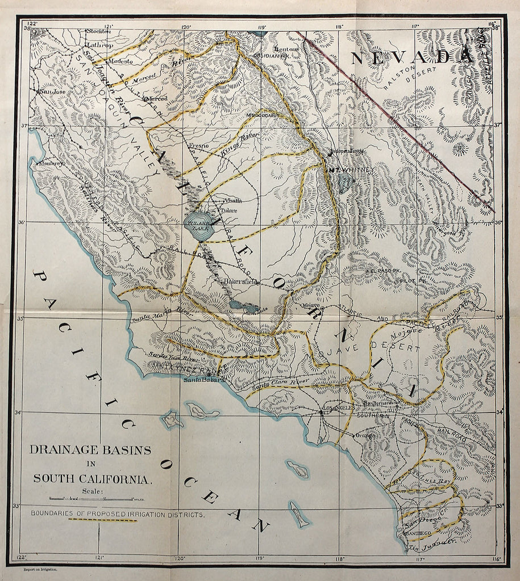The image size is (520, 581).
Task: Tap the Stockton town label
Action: [98, 31]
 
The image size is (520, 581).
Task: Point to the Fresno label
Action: [198, 146]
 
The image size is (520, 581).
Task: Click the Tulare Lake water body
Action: [198, 228]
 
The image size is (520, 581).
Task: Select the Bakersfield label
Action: [242, 281]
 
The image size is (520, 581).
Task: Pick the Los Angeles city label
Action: [338, 408]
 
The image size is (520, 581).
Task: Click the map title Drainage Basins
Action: [90, 450]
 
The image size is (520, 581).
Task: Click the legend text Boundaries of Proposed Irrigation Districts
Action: [118, 513]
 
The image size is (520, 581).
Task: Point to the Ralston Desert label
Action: [409, 79]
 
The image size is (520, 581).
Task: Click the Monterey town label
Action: [51, 163]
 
